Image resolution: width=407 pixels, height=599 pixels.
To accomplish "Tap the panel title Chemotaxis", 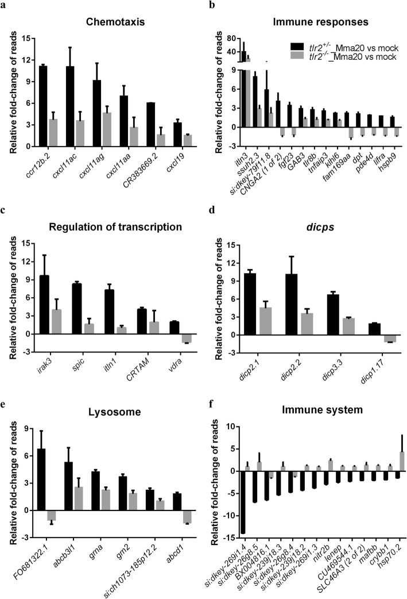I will point(104,24).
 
